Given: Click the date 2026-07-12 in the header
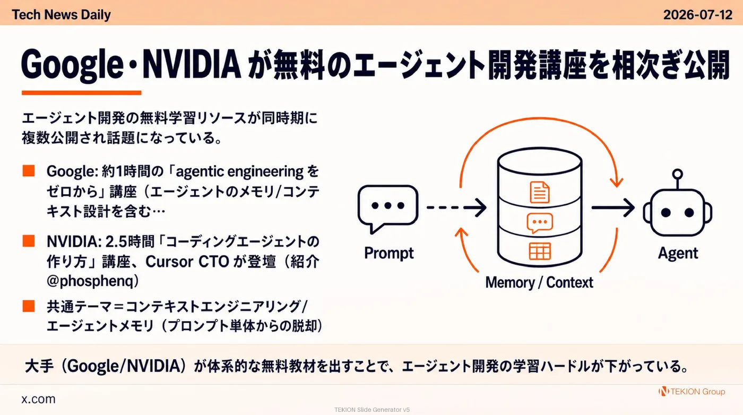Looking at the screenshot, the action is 697,15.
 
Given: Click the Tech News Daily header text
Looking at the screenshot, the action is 62,15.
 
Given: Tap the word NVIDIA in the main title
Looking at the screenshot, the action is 192,65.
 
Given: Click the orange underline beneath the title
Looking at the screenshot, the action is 82,93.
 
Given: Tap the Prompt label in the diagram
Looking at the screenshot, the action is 388,253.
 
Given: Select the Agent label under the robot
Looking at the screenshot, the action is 678,253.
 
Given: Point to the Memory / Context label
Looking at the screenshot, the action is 539,283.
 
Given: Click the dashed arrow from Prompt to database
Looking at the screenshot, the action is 456,207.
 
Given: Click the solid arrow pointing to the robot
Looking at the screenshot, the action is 613,207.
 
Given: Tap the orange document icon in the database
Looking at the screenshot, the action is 540,192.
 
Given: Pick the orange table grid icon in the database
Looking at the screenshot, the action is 540,251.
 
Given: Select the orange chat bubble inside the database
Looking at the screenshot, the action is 540,223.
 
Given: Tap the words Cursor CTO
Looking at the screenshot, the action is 187,262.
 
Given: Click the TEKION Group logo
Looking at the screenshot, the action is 692,392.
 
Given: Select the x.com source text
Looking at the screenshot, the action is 38,399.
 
